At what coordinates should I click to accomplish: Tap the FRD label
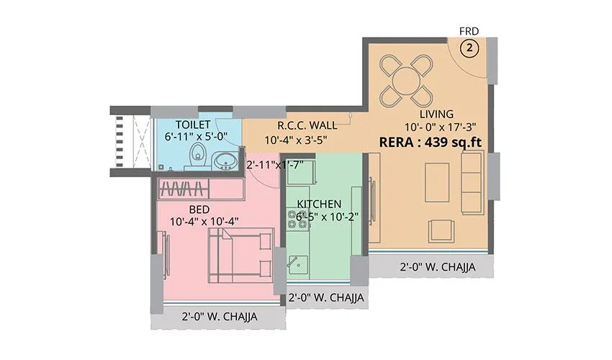point(469,31)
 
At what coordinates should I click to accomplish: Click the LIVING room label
point(436,114)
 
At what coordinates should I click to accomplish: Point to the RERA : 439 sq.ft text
point(430,142)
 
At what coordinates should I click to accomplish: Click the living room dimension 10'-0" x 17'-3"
point(436,127)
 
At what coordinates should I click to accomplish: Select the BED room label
point(199,209)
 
